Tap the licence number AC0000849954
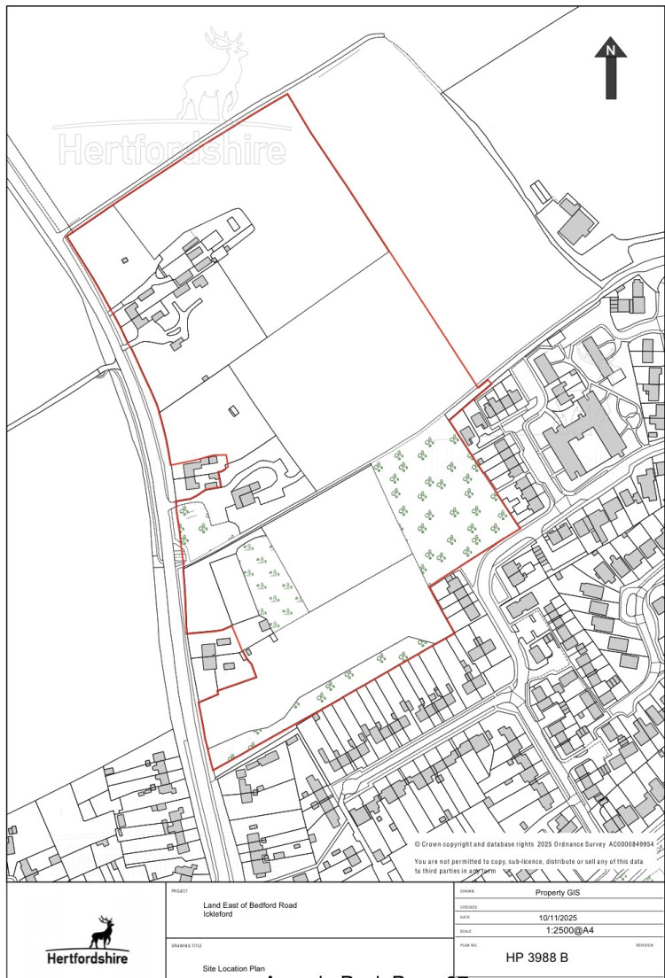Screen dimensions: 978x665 (x=630, y=845)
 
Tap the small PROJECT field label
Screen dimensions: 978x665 (x=181, y=890)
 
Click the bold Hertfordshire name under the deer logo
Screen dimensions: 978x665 (x=87, y=958)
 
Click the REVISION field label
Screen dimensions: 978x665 (x=645, y=945)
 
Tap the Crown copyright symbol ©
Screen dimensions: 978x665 (x=418, y=845)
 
